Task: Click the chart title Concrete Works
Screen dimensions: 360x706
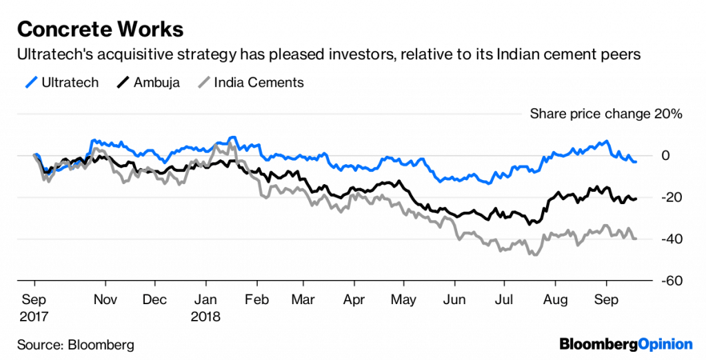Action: [x=100, y=30]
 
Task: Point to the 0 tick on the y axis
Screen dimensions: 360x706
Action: [x=666, y=156]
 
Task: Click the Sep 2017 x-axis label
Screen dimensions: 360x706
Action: [x=34, y=308]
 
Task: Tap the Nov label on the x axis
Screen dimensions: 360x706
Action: [x=105, y=301]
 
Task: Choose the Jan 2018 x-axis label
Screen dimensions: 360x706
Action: [x=206, y=308]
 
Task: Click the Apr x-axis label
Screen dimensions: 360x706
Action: [x=353, y=301]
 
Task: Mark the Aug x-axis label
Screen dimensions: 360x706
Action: [x=555, y=301]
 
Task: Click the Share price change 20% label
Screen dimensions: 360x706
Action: [x=605, y=114]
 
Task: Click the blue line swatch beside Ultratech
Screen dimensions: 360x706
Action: [x=32, y=83]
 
